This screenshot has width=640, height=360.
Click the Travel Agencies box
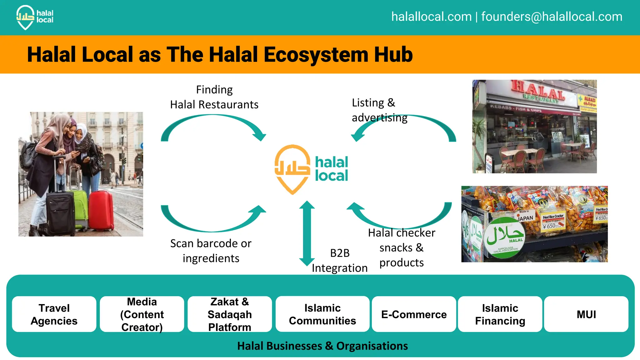(x=54, y=314)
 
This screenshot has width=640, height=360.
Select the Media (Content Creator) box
(x=142, y=314)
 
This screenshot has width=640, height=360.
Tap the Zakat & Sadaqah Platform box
(x=230, y=314)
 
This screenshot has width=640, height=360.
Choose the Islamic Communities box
(x=322, y=314)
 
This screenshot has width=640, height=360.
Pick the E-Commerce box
(x=414, y=314)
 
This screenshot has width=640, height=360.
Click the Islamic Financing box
(x=500, y=314)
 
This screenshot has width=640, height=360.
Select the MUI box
(x=586, y=314)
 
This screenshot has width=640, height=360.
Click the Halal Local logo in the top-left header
(x=34, y=17)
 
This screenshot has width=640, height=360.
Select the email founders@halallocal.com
(x=552, y=17)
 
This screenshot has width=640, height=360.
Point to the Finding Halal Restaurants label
(x=214, y=97)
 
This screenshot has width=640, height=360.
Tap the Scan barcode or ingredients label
(x=211, y=251)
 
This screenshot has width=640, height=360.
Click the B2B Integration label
(x=340, y=261)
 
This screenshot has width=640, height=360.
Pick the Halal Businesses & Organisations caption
(x=322, y=346)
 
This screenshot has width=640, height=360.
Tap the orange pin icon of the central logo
(x=292, y=169)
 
